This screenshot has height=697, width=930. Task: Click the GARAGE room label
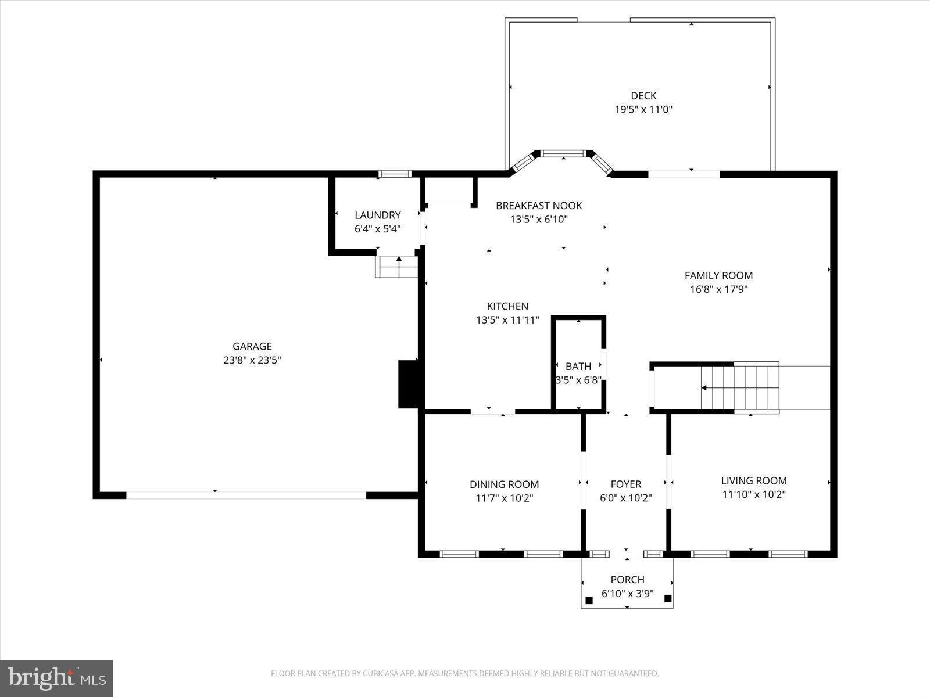252,346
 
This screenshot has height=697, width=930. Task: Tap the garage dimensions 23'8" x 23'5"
252,360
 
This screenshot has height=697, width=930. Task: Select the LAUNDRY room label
378,215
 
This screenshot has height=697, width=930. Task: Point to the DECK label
643,96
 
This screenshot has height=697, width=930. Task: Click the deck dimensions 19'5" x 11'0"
643,109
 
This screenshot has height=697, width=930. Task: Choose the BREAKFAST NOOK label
539,206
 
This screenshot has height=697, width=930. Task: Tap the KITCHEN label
507,306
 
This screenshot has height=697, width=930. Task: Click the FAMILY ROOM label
718,275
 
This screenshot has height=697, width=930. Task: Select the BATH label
578,366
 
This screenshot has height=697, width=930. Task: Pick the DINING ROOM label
504,484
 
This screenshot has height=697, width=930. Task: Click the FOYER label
626,484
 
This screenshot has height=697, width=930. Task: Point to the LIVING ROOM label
754,480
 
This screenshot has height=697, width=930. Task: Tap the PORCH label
627,579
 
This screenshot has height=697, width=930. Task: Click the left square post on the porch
589,599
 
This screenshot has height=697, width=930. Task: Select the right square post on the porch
668,598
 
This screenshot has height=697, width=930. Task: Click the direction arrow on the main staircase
704,387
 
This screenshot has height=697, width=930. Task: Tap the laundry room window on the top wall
395,174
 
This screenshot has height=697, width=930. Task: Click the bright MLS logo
57,678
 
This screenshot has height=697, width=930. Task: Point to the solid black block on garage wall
408,384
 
